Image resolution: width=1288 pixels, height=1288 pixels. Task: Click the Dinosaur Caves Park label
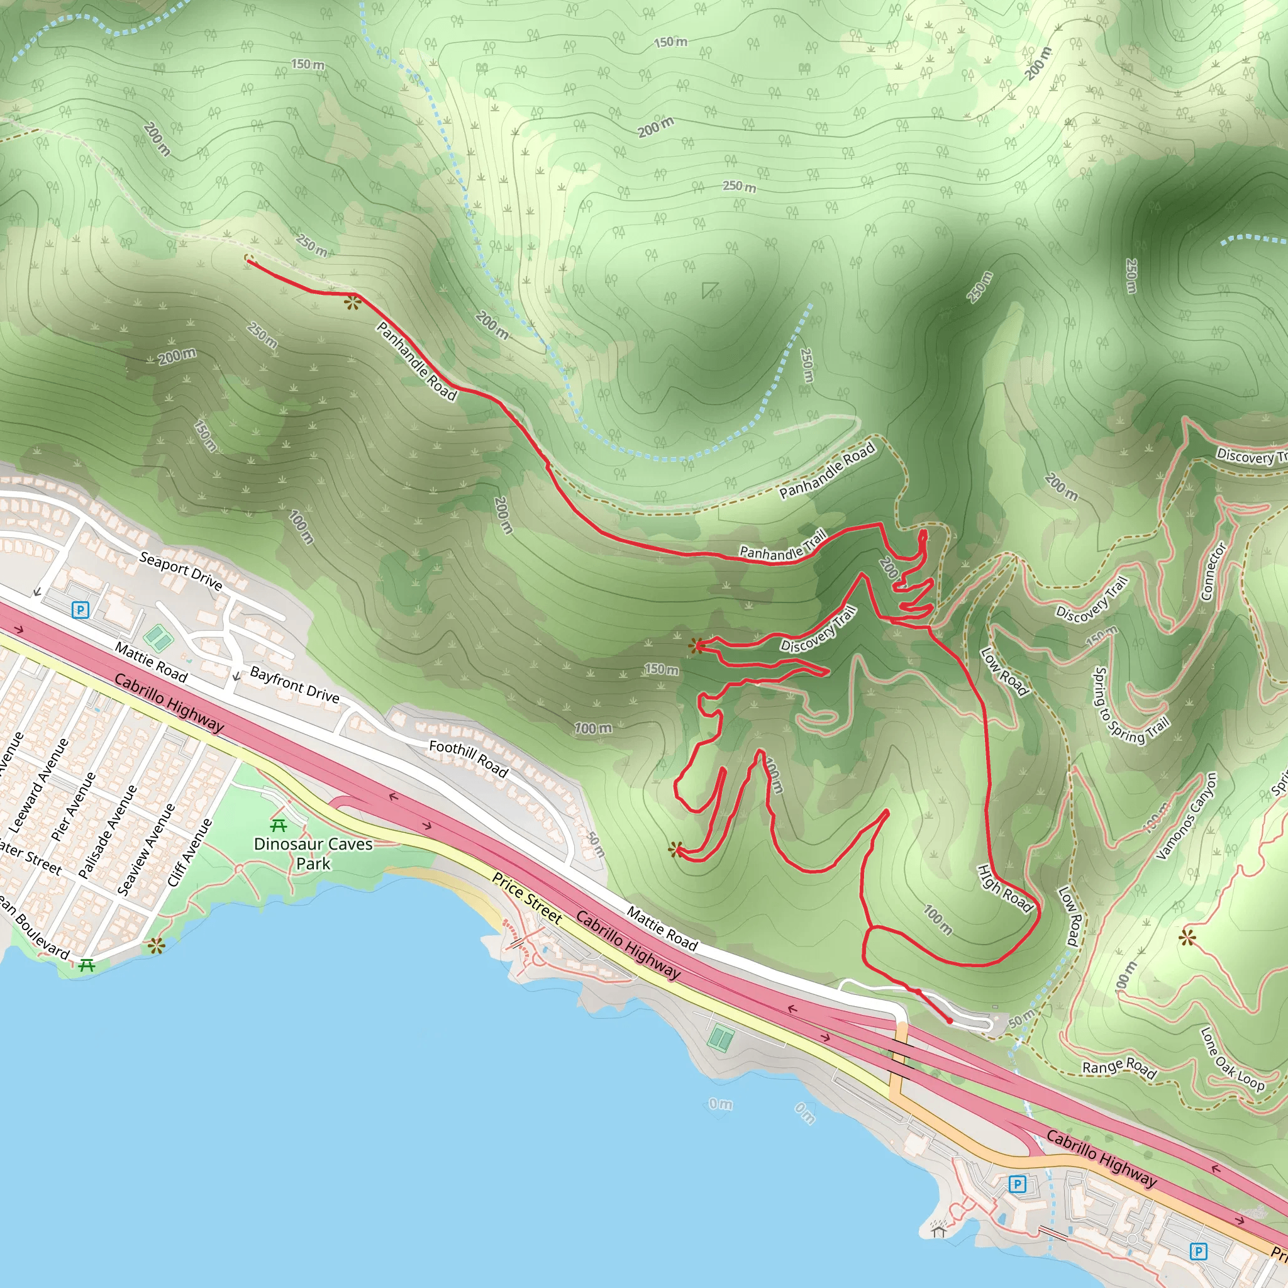point(313,853)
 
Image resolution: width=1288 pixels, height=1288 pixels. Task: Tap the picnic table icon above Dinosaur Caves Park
point(279,826)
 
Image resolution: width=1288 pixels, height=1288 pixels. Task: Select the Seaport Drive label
point(180,570)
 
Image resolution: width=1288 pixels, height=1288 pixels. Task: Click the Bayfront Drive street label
point(295,685)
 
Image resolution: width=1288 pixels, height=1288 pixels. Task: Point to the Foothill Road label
point(469,758)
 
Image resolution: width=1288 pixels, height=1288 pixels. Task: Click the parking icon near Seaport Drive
point(80,609)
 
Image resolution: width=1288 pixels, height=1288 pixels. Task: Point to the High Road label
point(1004,888)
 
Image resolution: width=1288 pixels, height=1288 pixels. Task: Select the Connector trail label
point(1213,571)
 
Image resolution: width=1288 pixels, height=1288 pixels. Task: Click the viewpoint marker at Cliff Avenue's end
point(156,945)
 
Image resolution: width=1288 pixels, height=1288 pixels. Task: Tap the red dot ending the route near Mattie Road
point(949,1020)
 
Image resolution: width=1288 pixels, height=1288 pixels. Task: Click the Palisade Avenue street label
point(108,831)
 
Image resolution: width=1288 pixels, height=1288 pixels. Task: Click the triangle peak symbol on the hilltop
point(710,289)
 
